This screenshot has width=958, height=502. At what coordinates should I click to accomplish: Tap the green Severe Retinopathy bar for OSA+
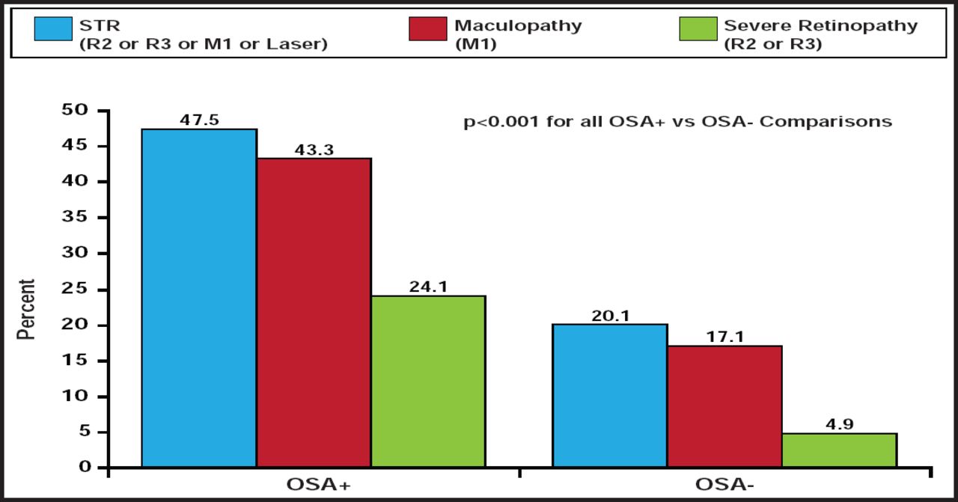click(428, 382)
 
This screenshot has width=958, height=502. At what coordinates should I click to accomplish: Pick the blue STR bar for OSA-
click(610, 396)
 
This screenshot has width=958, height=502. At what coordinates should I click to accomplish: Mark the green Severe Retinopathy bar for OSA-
click(839, 450)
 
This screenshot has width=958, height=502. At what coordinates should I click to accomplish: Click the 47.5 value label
click(199, 120)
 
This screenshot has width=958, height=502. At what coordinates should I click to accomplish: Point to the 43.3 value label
click(314, 149)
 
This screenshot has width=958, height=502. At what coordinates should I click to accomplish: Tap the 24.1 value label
click(428, 286)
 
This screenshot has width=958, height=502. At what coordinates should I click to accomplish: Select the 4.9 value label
click(839, 423)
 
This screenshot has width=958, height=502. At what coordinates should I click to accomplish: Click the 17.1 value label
click(724, 337)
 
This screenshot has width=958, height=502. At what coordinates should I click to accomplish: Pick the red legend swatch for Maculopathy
click(428, 29)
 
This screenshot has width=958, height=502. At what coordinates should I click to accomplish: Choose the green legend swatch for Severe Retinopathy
click(698, 29)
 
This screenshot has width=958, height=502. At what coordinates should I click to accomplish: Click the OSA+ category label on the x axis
click(317, 485)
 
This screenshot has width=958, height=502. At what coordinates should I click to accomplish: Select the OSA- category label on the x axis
click(723, 485)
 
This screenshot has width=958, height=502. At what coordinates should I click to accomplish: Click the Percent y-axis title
click(26, 308)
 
